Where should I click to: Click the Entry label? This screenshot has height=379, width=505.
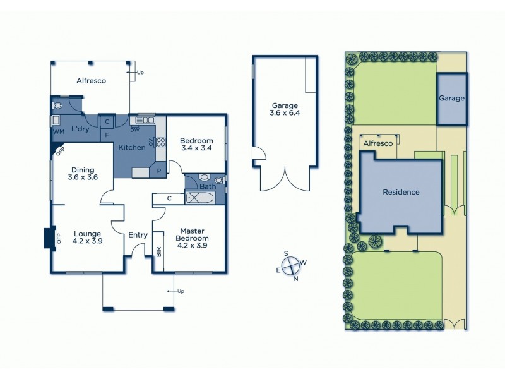[x=138, y=235]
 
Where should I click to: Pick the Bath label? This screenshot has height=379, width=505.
[x=208, y=187]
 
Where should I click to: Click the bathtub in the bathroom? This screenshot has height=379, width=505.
[x=201, y=198]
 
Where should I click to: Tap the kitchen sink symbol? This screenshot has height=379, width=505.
[x=145, y=119]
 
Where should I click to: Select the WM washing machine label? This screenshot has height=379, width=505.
[x=58, y=132]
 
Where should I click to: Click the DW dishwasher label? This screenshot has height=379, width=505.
[x=134, y=130]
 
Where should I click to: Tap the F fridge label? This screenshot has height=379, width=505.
[x=107, y=134]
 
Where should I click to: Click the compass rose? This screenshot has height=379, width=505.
[x=290, y=266]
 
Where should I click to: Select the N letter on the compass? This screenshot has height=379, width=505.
[x=295, y=278]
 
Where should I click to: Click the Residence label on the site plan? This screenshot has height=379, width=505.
[x=401, y=193]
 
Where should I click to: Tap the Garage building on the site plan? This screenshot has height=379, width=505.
[x=451, y=99]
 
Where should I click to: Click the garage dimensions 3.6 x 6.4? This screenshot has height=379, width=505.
[x=284, y=111]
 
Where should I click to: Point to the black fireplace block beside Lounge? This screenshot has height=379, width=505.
[x=48, y=238]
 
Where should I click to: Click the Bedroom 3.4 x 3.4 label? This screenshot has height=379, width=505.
[x=196, y=145]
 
